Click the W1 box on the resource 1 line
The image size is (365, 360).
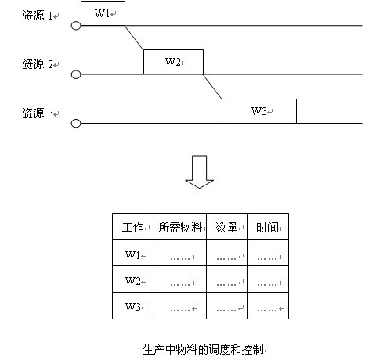point(103,13)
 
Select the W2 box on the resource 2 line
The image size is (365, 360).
point(173,62)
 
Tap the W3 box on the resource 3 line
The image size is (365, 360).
point(259,111)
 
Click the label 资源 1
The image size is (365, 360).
point(38,16)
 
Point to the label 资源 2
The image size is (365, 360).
point(38,64)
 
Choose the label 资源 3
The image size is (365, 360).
point(38,113)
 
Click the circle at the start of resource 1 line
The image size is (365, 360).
point(76,26)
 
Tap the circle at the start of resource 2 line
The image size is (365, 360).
point(76,74)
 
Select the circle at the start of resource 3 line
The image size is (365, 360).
point(76,123)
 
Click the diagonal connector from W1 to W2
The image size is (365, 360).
point(134,38)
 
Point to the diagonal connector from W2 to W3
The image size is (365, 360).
point(212,87)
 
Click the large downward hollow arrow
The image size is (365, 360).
point(200,171)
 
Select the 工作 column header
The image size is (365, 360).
point(132,228)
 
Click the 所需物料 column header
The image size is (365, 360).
point(180,228)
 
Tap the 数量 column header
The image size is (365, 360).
point(226,228)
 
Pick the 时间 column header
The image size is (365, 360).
point(267,228)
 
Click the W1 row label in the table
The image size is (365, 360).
point(133,254)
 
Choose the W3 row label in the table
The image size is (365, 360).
point(133,307)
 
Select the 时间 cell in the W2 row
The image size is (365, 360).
point(268,279)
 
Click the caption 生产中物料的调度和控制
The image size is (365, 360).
point(204,350)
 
